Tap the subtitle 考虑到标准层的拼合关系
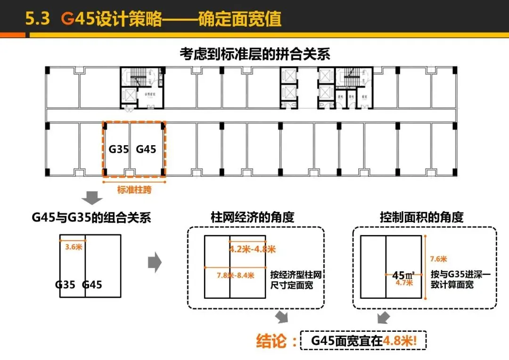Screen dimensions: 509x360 coord(254,54)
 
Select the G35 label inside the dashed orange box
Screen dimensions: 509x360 coord(119,149)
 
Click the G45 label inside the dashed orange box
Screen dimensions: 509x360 coord(146,149)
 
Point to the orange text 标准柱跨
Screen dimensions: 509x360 coord(134,190)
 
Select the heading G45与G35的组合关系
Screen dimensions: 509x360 coord(89,218)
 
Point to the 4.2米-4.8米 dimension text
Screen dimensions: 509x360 coord(253,249)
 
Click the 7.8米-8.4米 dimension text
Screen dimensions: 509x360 coord(235,275)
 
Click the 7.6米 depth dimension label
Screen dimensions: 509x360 coord(438,259)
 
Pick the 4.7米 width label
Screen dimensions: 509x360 coord(404,283)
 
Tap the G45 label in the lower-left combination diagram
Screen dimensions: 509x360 coord(92,285)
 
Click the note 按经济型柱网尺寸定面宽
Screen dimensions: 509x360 coord(296,280)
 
